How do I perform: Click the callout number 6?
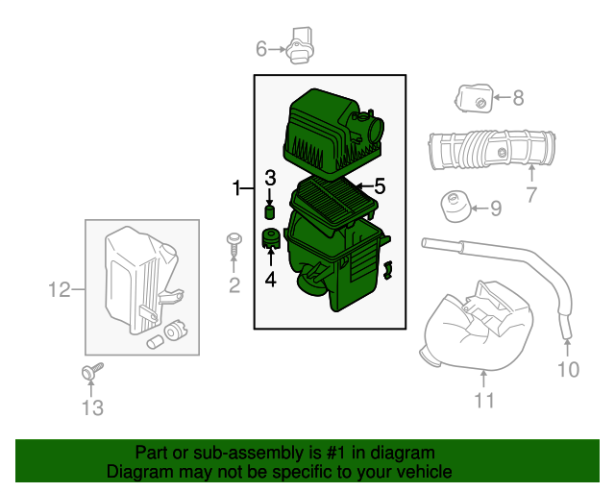point(261,49)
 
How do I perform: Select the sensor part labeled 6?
point(300,45)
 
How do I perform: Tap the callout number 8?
point(518,98)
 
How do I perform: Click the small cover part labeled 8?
point(474,98)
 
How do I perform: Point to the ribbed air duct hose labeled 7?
point(492,149)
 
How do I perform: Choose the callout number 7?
point(531,195)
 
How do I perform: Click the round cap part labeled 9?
point(455,207)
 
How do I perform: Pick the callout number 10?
point(568,369)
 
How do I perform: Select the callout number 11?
point(484,400)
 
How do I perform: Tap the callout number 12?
point(60,290)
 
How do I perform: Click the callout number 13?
point(92,407)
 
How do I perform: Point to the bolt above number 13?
point(92,371)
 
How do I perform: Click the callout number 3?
point(270,178)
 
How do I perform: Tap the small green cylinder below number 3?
point(270,211)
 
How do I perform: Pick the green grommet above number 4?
point(271,238)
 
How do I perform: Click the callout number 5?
point(380,186)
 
